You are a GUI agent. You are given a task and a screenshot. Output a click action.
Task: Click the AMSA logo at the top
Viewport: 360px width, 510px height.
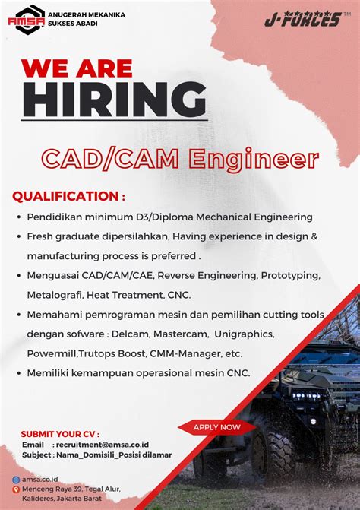[x=26, y=20]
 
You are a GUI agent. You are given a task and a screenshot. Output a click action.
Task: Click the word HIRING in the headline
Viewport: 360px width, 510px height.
[x=114, y=98]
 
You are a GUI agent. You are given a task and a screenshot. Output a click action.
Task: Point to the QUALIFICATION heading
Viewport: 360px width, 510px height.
[x=68, y=197]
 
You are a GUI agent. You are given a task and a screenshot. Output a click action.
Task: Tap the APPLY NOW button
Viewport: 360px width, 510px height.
[x=217, y=427]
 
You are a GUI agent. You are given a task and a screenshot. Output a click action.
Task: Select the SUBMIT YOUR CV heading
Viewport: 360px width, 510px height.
[x=60, y=433]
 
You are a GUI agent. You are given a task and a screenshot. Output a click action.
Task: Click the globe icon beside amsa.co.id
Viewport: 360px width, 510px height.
[x=16, y=480]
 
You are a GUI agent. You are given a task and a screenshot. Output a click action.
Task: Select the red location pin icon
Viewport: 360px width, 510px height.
[x=16, y=489]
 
